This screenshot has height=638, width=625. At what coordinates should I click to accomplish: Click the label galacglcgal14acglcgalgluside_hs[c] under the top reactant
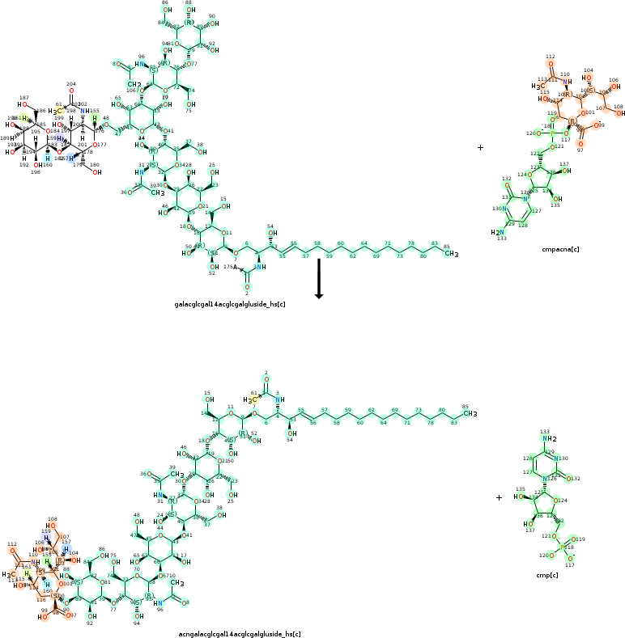click(230, 305)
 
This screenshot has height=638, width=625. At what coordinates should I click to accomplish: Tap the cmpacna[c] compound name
click(560, 250)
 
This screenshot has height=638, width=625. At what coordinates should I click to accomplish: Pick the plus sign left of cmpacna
click(480, 148)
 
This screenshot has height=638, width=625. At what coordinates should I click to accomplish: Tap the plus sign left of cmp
click(499, 497)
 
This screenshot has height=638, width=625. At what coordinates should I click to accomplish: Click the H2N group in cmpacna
click(497, 232)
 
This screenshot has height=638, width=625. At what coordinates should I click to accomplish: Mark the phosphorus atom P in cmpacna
click(554, 133)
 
